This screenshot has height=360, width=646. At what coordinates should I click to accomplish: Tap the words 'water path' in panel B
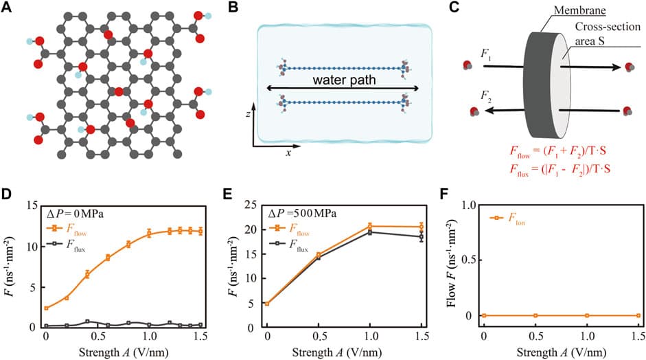pos(343,80)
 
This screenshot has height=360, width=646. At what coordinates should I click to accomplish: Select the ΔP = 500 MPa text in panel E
pos(307,214)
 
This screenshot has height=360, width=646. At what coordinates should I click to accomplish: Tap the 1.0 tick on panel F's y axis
pos(469,205)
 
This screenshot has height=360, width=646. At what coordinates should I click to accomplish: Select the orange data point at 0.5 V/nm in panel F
pos(535,315)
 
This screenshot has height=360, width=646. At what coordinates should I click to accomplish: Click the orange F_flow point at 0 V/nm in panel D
pos(46,308)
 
